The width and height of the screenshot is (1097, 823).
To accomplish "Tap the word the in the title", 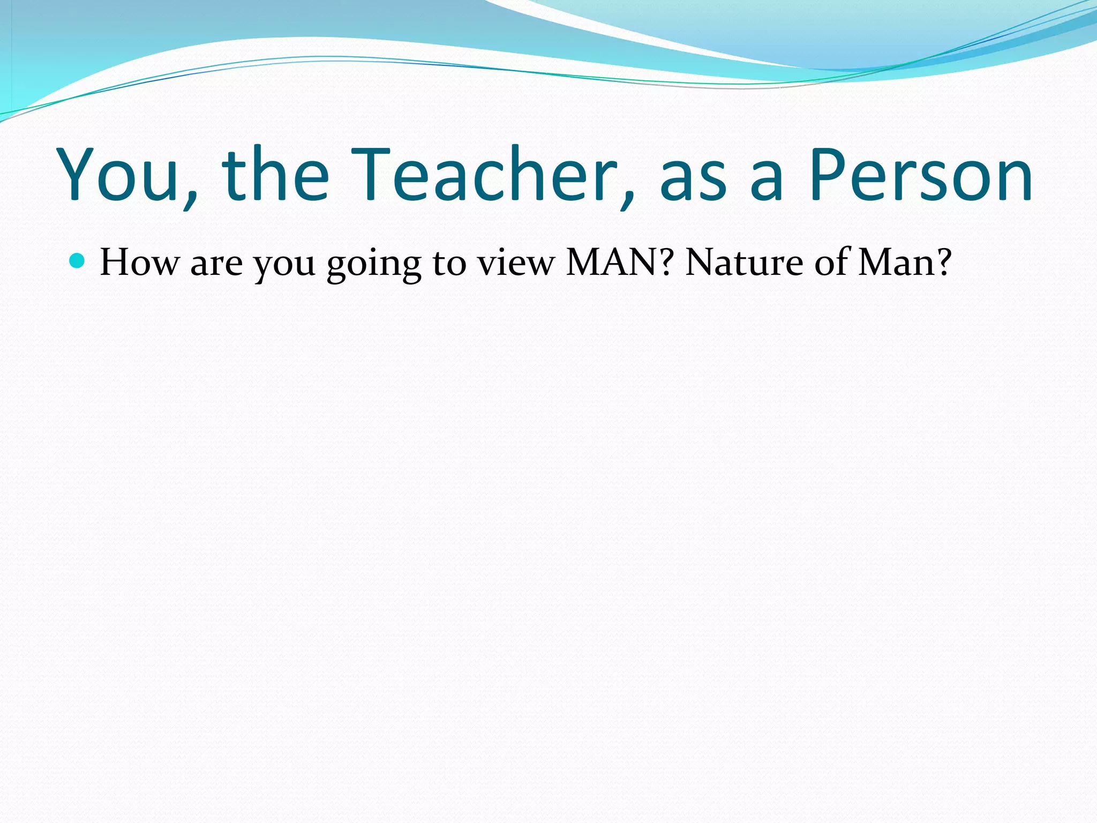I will click(x=275, y=175).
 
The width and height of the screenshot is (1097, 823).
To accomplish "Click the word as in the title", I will click(x=693, y=182).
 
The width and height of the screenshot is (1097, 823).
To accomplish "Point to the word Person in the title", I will click(x=920, y=175).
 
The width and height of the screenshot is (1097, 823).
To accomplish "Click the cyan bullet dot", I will click(x=77, y=261).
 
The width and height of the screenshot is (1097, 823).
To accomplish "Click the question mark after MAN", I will click(x=667, y=263).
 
